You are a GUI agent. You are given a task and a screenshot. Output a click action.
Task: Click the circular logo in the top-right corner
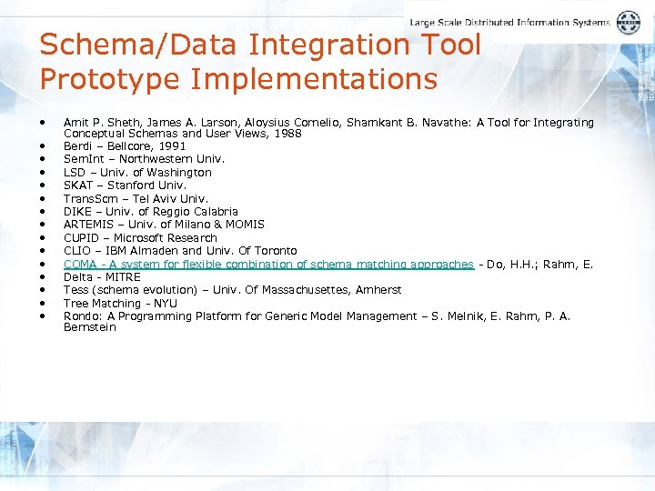(629, 23)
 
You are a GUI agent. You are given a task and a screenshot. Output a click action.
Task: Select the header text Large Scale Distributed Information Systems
(509, 23)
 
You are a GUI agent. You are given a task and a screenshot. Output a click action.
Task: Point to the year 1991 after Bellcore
(172, 146)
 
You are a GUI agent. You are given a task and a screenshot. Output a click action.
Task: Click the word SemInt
(83, 159)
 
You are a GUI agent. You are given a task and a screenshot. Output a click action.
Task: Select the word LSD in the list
(75, 173)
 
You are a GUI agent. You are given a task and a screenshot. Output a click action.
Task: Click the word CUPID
(81, 238)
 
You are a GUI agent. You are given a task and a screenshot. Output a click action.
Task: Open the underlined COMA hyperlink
(268, 265)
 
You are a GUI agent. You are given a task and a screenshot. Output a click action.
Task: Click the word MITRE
(123, 277)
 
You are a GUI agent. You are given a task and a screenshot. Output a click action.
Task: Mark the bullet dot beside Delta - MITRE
(43, 276)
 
